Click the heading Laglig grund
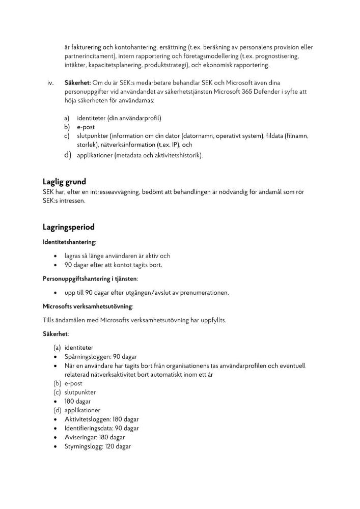coord(64,182)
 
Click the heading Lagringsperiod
coord(68,227)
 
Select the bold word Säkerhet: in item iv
coord(77,82)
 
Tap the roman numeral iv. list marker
coord(50,82)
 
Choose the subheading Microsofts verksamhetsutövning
coord(87,306)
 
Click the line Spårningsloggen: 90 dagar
coord(100,357)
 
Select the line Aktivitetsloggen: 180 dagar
coord(101,419)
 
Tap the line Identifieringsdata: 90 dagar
coord(101,428)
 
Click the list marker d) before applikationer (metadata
coord(67,155)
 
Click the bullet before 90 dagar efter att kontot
coord(55,265)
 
